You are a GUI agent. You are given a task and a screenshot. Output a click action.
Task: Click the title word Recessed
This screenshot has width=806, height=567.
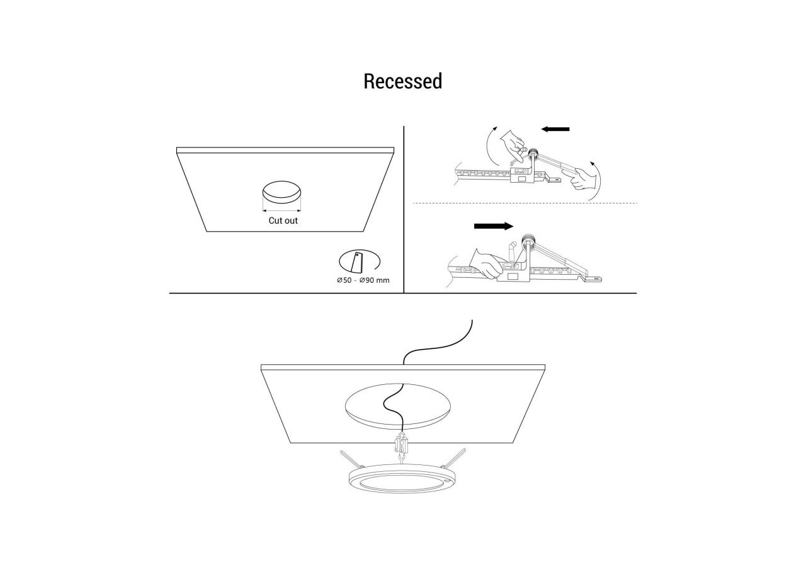(x=402, y=81)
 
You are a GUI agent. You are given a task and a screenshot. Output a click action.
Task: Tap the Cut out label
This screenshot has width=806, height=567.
(x=283, y=220)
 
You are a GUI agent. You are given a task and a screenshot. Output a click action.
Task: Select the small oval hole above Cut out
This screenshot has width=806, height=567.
(x=281, y=192)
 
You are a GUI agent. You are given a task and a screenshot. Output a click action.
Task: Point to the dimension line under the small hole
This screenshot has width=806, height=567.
(x=281, y=210)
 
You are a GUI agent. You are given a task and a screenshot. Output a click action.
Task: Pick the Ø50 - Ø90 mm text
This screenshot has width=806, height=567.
(x=363, y=280)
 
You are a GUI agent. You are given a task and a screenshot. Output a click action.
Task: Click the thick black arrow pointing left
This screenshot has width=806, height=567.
(x=555, y=129)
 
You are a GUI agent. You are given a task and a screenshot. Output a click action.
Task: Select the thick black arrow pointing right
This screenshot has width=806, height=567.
(x=494, y=226)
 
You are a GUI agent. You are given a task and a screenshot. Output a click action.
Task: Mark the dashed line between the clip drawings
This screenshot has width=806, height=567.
(x=525, y=203)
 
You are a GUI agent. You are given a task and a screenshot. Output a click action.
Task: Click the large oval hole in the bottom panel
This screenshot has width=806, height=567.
(x=397, y=407)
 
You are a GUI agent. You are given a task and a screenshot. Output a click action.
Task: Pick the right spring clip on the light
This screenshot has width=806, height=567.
(x=453, y=457)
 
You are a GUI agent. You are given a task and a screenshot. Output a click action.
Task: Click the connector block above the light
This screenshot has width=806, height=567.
(x=402, y=445)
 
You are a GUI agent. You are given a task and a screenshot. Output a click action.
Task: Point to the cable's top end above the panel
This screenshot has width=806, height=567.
(x=472, y=319)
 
